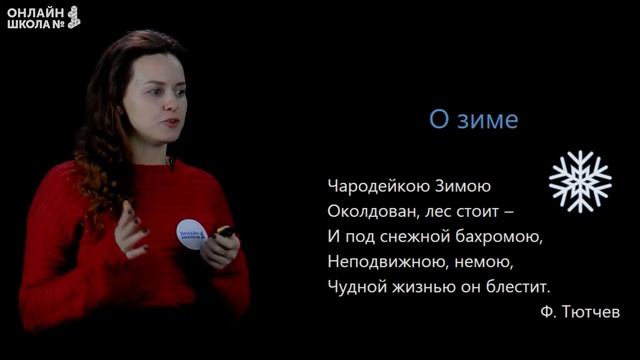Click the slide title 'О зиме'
point(474,121)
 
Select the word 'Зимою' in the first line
point(462,186)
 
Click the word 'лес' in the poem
point(445,212)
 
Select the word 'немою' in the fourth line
point(481,263)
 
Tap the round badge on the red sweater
point(191,232)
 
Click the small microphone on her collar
point(171,160)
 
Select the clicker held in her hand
point(226,232)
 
